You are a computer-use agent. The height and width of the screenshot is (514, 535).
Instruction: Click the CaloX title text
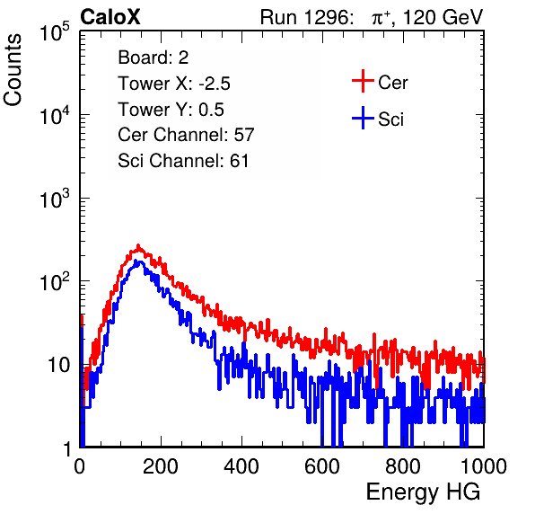pyautogui.click(x=110, y=17)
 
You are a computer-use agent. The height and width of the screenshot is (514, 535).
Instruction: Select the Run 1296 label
pyautogui.click(x=305, y=17)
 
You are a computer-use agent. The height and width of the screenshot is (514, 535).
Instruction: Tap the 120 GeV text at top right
pyautogui.click(x=443, y=17)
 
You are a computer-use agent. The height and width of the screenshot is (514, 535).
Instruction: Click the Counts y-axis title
pyautogui.click(x=13, y=70)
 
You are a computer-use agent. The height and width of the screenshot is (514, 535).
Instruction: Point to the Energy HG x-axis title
pyautogui.click(x=423, y=492)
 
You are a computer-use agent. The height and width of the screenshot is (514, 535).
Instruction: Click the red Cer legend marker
pyautogui.click(x=363, y=81)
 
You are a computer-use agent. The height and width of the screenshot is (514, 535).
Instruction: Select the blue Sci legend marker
pyautogui.click(x=363, y=118)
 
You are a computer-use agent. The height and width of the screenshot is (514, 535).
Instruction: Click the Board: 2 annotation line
pyautogui.click(x=153, y=58)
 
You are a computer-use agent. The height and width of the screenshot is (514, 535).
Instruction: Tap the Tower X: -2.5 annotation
pyautogui.click(x=174, y=84)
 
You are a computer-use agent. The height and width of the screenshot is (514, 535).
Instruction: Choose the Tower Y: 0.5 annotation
pyautogui.click(x=171, y=110)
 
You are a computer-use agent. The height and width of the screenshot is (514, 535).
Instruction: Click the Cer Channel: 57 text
pyautogui.click(x=186, y=135)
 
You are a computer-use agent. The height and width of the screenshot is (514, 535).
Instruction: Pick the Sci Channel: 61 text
pyautogui.click(x=183, y=161)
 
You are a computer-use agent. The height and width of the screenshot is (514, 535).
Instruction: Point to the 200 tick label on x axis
pyautogui.click(x=161, y=466)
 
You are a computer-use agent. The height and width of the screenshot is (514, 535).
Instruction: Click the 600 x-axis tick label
pyautogui.click(x=322, y=466)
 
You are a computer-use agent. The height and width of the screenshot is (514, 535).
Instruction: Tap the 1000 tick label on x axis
pyautogui.click(x=484, y=466)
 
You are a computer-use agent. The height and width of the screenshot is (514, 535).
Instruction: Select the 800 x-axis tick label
pyautogui.click(x=403, y=466)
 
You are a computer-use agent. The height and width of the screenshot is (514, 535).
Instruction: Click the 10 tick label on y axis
pyautogui.click(x=58, y=365)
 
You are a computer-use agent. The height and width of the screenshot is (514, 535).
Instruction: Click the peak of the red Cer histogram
pyautogui.click(x=138, y=246)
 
